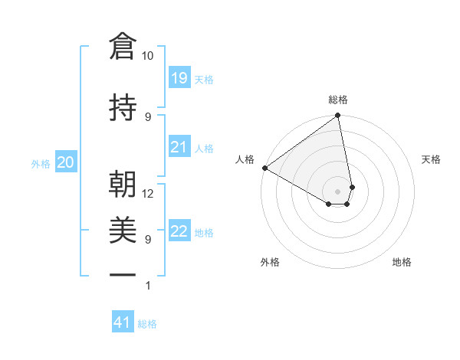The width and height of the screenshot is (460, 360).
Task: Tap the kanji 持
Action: (123, 107)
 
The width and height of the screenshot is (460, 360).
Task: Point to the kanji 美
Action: (123, 228)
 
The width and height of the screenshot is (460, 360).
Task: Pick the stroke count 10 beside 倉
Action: (148, 56)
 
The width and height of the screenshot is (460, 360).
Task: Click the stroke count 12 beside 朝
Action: (148, 193)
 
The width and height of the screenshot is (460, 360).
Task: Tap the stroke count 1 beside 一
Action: (148, 286)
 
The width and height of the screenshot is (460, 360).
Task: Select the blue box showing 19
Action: (179, 77)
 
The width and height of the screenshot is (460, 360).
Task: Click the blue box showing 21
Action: (179, 146)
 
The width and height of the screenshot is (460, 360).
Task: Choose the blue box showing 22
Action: (179, 231)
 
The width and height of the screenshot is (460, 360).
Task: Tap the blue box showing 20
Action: (66, 162)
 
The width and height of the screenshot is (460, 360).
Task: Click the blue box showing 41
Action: (123, 322)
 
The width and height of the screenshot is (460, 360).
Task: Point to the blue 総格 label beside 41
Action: (147, 324)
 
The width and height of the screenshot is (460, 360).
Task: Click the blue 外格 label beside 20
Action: (41, 163)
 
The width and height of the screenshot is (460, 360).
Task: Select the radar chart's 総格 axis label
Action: (338, 100)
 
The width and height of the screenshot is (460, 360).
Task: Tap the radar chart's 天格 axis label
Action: (432, 159)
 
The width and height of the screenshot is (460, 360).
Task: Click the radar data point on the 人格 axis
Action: (264, 168)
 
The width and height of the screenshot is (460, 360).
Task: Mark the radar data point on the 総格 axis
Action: (338, 116)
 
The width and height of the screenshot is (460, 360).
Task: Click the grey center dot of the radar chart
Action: (338, 191)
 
